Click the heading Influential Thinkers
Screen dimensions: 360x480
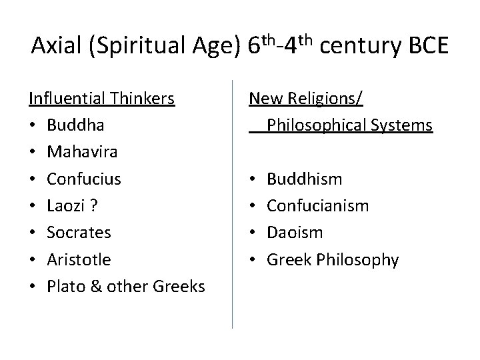[102, 99]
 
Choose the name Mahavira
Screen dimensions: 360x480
[83, 152]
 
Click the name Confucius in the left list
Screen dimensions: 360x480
[85, 179]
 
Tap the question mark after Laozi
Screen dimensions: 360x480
[95, 206]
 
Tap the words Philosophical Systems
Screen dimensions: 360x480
[349, 125]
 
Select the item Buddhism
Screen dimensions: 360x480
[305, 179]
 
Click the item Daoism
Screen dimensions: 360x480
[295, 233]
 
